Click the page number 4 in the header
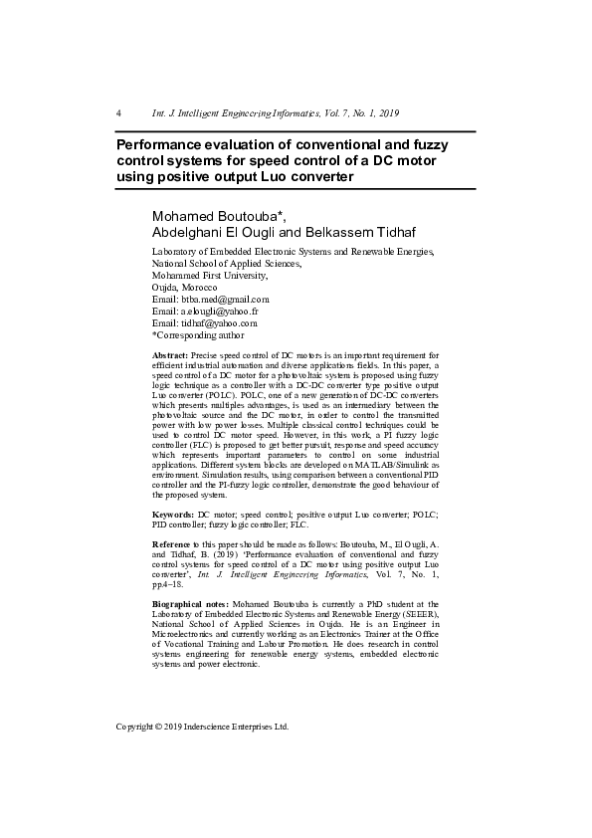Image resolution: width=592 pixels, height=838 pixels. (118, 112)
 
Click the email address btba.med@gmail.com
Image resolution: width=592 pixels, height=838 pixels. (225, 299)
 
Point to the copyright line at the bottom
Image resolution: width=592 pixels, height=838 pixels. (202, 727)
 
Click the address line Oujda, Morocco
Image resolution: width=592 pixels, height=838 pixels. (184, 287)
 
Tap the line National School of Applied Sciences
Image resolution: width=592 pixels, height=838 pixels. (226, 263)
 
